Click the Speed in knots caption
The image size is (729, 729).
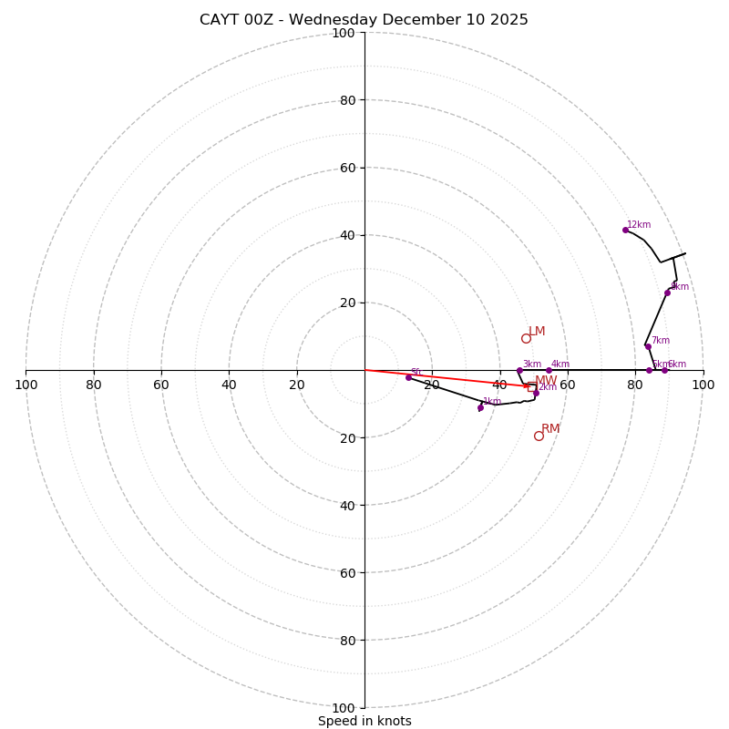(x=364, y=721)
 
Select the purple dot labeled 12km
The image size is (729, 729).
(x=625, y=230)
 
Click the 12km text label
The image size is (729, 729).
(x=639, y=224)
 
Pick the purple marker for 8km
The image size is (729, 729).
(x=667, y=293)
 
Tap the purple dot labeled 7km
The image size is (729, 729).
(x=648, y=346)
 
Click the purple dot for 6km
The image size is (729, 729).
(x=664, y=370)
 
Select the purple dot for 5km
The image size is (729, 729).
(x=649, y=370)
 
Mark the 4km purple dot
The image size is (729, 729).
(x=549, y=370)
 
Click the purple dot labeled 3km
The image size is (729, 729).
(x=519, y=370)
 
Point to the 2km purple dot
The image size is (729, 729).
(x=536, y=393)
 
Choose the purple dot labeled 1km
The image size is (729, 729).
(x=480, y=407)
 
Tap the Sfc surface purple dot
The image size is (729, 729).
(x=408, y=377)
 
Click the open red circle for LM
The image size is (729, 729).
(x=526, y=339)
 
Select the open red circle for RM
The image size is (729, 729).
(x=539, y=436)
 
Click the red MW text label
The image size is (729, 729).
(x=546, y=381)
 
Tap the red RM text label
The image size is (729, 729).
(x=550, y=429)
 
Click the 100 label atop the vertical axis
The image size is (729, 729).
(x=343, y=33)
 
